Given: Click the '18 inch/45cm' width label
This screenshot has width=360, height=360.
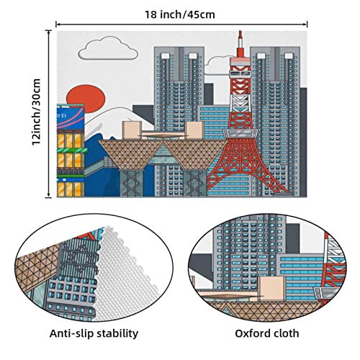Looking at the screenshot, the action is point(180,14).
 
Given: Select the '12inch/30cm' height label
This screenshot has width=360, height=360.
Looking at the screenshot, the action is point(37,112).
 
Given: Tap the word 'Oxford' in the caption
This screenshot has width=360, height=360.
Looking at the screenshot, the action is point(252,333).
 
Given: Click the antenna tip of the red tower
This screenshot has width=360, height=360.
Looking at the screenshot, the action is point(240,31).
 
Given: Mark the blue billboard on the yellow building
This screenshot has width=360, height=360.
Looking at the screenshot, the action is point(71,118).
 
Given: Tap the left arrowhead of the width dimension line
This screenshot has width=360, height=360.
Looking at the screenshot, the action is point(57,24).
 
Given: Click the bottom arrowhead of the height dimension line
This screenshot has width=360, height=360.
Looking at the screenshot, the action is point(49,196).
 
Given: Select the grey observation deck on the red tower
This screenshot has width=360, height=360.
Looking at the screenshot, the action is point(240,133).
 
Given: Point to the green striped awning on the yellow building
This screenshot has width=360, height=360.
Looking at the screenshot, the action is point(72,150).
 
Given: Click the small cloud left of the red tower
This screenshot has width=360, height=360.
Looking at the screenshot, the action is point(217,62).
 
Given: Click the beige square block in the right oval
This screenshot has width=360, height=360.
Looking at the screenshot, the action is point(272,287).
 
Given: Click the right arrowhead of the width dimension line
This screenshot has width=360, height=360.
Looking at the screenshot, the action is point(306,24).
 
